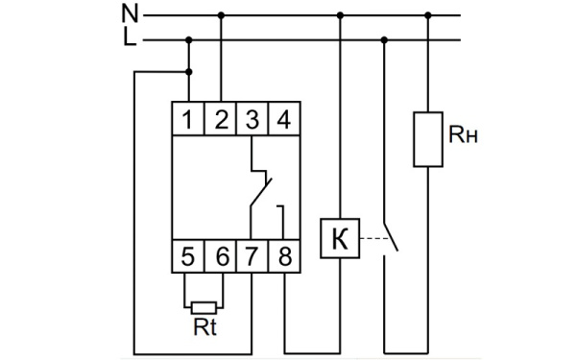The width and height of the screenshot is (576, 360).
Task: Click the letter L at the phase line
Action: tap(130, 39)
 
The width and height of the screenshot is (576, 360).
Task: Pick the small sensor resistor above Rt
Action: tap(204, 308)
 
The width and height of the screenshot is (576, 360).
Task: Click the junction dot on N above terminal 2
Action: tap(222, 15)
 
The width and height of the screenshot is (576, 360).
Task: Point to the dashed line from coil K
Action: tap(370, 239)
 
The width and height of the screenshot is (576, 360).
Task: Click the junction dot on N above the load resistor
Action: tap(428, 15)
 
